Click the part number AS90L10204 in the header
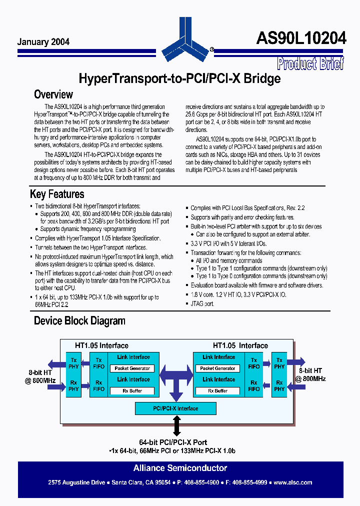pyautogui.click(x=301, y=38)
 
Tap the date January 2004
pyautogui.click(x=43, y=42)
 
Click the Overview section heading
pyautogui.click(x=53, y=94)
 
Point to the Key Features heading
pyautogui.click(x=57, y=194)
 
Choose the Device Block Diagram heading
pyautogui.click(x=79, y=320)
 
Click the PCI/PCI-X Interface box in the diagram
pyautogui.click(x=175, y=408)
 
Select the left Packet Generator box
pyautogui.click(x=133, y=368)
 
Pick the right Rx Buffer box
pyautogui.click(x=218, y=390)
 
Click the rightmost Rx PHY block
pyautogui.click(x=279, y=385)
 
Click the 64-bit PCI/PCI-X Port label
pyautogui.click(x=173, y=442)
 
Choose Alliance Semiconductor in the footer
pyautogui.click(x=180, y=468)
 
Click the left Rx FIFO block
pyautogui.click(x=98, y=385)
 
